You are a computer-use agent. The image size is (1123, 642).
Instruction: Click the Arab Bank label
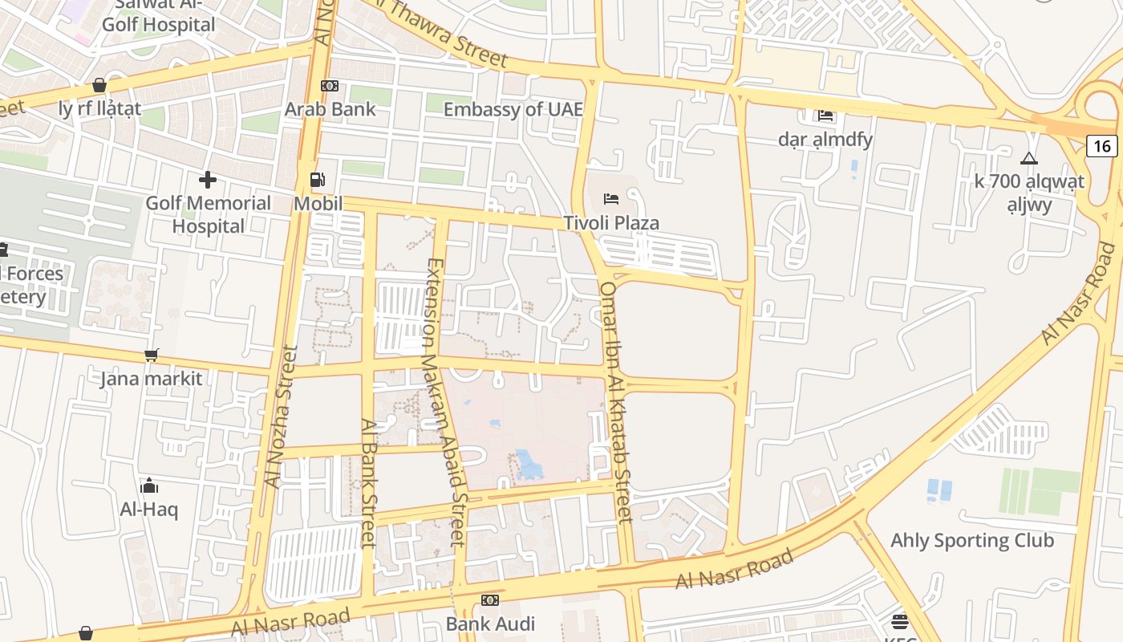click(x=330, y=108)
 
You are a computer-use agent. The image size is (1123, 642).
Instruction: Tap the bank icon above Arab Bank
click(x=329, y=86)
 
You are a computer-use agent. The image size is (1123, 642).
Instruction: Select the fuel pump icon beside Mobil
click(x=318, y=181)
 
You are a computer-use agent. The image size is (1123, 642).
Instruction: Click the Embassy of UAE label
click(x=513, y=109)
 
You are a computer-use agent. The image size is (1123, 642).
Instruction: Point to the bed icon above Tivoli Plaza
click(x=611, y=198)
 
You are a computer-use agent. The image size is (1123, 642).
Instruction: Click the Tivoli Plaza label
click(x=611, y=222)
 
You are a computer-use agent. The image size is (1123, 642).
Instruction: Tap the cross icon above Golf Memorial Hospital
click(x=208, y=180)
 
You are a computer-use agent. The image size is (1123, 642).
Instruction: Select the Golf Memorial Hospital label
click(x=208, y=214)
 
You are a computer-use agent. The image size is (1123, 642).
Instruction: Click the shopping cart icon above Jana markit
click(x=151, y=355)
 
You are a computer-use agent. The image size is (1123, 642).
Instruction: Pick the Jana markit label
click(x=151, y=377)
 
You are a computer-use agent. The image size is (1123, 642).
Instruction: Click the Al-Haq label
click(x=149, y=509)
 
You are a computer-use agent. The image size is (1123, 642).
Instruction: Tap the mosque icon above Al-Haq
click(x=149, y=486)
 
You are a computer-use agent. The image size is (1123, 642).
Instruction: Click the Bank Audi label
click(x=489, y=623)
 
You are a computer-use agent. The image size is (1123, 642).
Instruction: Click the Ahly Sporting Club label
click(x=972, y=540)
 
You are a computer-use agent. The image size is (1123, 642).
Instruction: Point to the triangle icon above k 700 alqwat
click(x=1029, y=158)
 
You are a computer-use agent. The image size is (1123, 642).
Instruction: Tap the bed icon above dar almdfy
click(x=825, y=116)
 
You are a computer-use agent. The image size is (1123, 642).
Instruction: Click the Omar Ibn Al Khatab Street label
click(x=616, y=401)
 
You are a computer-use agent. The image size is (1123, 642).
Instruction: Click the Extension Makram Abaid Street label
click(x=445, y=401)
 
